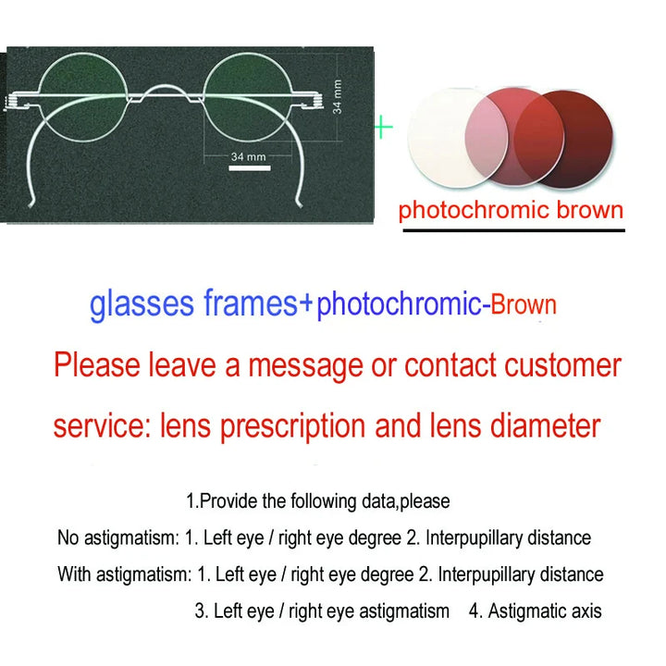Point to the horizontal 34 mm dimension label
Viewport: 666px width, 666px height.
[248, 156]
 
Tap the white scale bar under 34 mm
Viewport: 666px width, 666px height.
[248, 168]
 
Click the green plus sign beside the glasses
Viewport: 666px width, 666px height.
[383, 127]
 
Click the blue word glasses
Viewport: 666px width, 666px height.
[142, 304]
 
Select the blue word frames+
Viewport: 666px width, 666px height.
[259, 304]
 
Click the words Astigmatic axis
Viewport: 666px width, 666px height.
[545, 611]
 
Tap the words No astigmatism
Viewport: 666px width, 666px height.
[113, 537]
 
